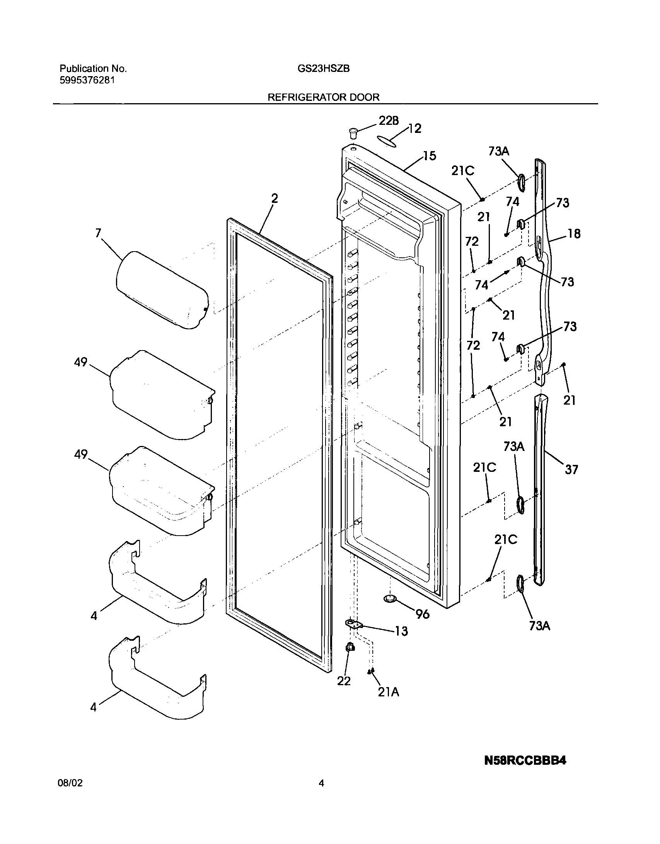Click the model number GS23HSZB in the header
click(x=324, y=69)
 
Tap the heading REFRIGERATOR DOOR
click(x=324, y=97)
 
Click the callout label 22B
click(x=388, y=121)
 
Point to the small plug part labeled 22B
click(x=352, y=134)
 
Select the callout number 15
click(x=429, y=156)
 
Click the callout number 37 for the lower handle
click(x=571, y=470)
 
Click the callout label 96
click(x=422, y=614)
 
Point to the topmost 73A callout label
click(x=498, y=151)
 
